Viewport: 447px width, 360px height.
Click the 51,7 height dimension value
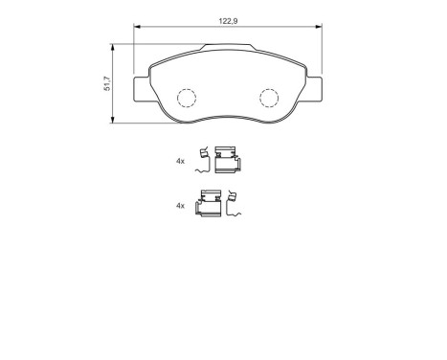(x=104, y=84)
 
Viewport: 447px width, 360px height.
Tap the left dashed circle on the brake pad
(x=187, y=97)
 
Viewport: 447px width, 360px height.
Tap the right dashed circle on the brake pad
(x=268, y=97)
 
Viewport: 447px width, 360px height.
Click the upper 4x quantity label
(x=180, y=162)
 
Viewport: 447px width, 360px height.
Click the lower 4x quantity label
(x=180, y=206)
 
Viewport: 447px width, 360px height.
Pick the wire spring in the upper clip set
(x=203, y=160)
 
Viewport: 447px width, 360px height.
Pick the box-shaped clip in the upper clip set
(x=226, y=158)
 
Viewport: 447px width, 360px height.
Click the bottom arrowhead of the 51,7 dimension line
(x=114, y=122)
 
